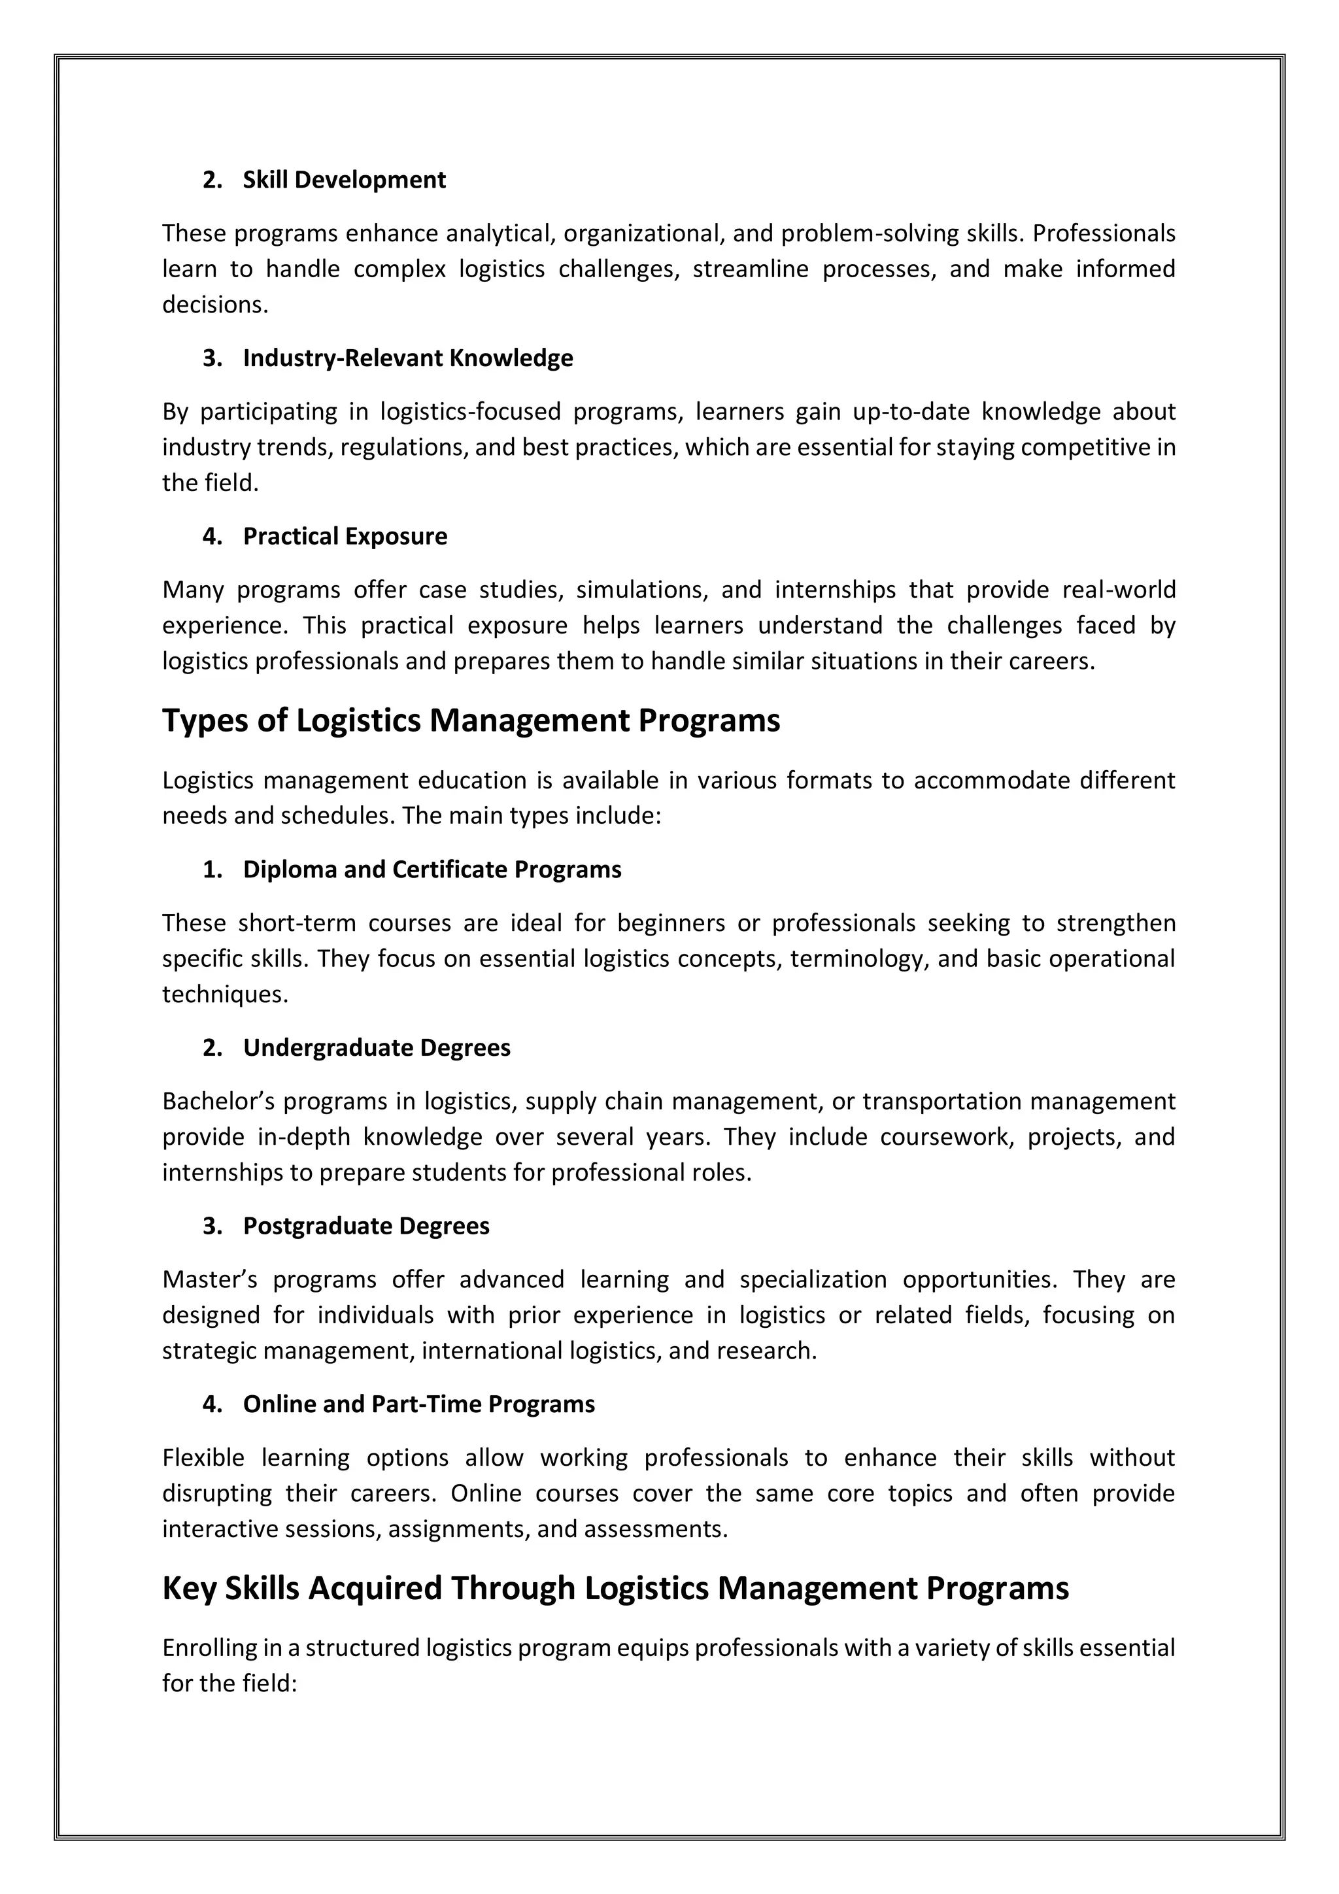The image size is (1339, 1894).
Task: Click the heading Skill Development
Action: click(344, 180)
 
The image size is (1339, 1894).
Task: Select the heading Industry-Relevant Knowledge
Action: click(407, 358)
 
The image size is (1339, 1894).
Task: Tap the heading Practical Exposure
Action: click(345, 536)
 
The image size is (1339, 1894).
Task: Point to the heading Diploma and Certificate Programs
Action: click(432, 870)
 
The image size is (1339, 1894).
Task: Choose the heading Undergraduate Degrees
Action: click(376, 1047)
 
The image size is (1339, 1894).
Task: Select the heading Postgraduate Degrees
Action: click(365, 1226)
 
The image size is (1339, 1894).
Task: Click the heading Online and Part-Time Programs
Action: click(418, 1404)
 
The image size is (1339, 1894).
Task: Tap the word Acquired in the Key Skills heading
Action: click(375, 1588)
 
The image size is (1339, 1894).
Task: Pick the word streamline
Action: click(750, 269)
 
